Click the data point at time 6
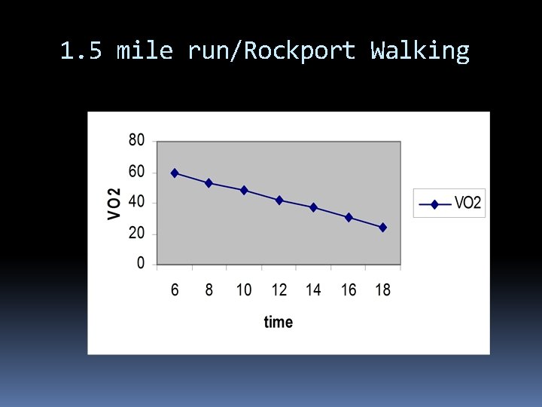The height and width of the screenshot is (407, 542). tap(175, 173)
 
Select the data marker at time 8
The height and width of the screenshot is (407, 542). tap(209, 183)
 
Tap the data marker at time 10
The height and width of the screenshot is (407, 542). tap(244, 190)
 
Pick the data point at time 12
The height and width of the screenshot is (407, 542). tap(279, 200)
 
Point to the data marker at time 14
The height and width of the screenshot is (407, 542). tap(314, 207)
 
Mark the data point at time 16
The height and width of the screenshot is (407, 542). tap(349, 217)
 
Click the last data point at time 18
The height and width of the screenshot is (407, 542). tap(383, 227)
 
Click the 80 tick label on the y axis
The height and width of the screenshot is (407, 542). tap(137, 140)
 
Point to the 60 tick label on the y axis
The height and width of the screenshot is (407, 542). tap(137, 172)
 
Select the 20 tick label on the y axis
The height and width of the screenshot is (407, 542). tap(137, 234)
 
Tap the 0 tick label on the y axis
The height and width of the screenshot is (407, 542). tap(141, 264)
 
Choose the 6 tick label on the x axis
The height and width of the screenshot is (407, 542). tap(175, 290)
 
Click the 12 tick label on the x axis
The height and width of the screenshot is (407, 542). tap(279, 290)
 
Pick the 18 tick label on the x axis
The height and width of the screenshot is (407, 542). tap(383, 290)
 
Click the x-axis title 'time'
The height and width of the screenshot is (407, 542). tap(279, 323)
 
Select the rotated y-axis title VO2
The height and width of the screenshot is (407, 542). tap(114, 203)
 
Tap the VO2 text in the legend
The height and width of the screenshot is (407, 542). tap(468, 203)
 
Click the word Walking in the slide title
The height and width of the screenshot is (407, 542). tap(420, 51)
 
